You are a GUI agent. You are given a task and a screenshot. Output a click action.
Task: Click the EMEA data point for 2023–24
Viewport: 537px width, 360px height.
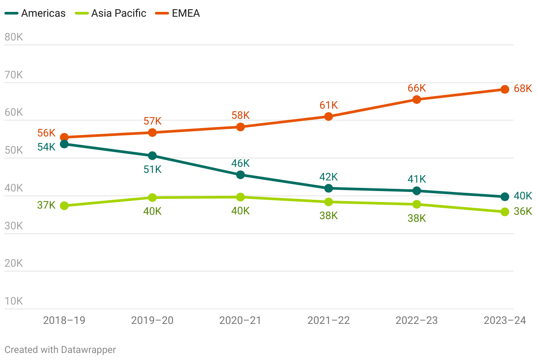point(505,89)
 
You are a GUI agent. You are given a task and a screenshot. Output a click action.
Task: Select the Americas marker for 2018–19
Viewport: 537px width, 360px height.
point(64,144)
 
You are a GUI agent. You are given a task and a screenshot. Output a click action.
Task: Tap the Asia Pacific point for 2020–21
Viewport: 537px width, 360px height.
point(240,197)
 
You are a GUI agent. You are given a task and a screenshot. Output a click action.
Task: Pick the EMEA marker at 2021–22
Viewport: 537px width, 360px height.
point(328,117)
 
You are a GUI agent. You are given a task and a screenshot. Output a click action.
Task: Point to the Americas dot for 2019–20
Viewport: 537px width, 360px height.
point(152,155)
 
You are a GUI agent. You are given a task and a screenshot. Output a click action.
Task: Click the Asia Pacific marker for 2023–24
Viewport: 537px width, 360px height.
point(505,212)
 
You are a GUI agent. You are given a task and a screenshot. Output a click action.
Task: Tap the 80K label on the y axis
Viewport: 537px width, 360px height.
point(14,37)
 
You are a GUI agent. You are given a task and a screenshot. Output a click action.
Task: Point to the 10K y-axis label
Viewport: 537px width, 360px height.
point(14,301)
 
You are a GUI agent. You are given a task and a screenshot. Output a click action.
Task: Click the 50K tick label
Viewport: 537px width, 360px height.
point(14,150)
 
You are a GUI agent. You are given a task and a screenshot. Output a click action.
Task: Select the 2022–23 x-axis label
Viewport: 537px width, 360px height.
point(416,320)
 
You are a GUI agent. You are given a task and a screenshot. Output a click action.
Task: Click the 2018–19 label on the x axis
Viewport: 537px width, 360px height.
point(64,320)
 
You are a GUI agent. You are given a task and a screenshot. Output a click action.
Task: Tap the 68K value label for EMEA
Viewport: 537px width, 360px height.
point(523,88)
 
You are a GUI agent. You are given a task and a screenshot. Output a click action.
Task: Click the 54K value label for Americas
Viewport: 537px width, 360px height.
point(46,147)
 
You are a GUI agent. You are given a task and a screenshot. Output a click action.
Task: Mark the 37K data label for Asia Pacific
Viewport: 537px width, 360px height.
point(46,205)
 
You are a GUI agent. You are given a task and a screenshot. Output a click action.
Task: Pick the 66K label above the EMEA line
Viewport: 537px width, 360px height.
point(416,88)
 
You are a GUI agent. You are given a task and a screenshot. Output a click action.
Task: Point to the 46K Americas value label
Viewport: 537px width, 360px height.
point(240,164)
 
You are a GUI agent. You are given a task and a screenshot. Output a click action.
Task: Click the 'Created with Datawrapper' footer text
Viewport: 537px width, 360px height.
point(60,350)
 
